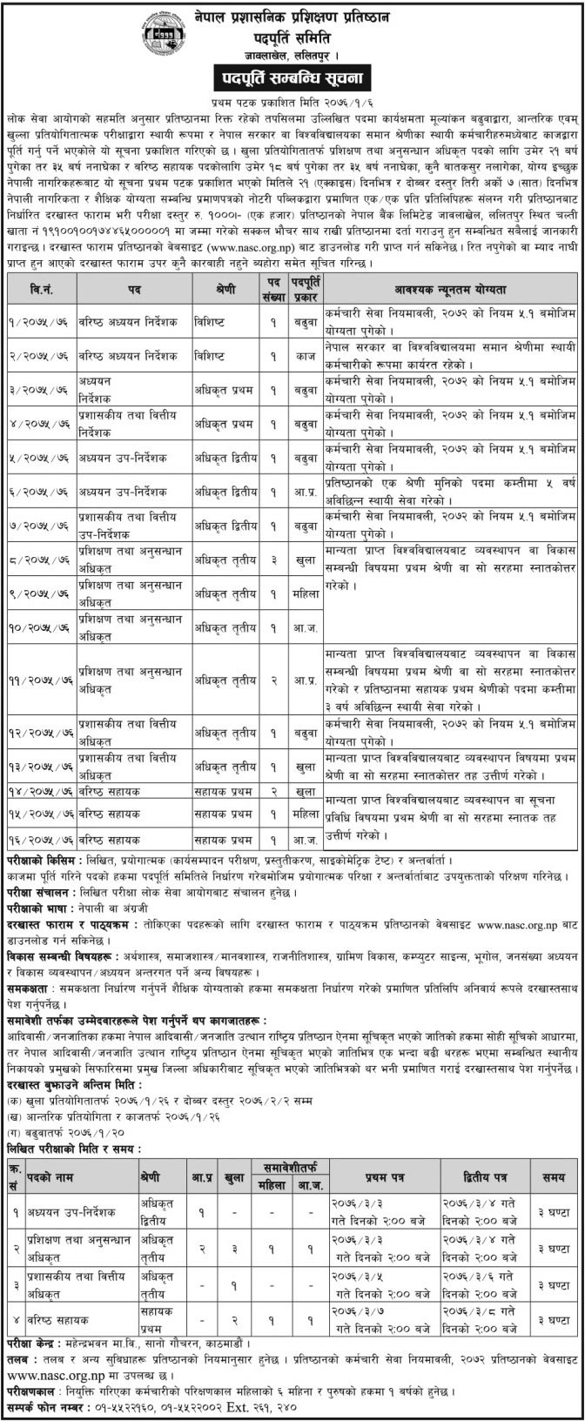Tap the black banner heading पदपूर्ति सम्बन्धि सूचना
click(292, 79)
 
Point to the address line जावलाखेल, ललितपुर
click(292, 57)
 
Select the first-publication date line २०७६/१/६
click(292, 101)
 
